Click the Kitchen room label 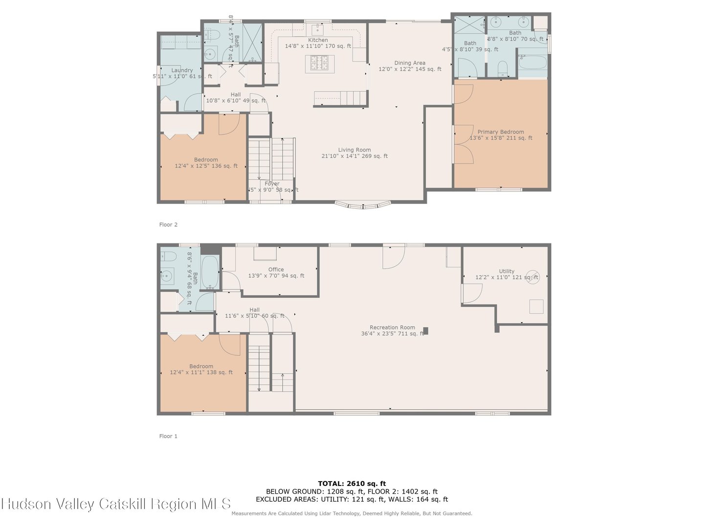318,40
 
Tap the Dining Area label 410,63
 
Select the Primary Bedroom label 501,132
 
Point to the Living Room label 354,150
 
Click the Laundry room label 182,70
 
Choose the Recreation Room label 392,328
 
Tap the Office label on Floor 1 276,270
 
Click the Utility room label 506,271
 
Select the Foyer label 272,184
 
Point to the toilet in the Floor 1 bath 168,256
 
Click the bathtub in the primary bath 532,63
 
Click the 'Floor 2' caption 168,225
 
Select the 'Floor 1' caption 168,436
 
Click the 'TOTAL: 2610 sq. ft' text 352,484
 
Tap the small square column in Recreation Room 425,331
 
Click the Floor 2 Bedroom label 206,160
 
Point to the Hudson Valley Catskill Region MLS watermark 116,504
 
